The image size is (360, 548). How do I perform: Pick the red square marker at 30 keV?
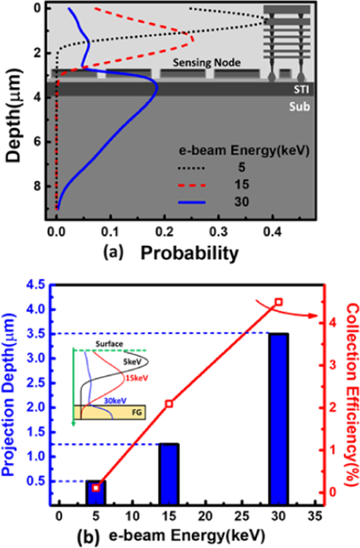tap(279, 302)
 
